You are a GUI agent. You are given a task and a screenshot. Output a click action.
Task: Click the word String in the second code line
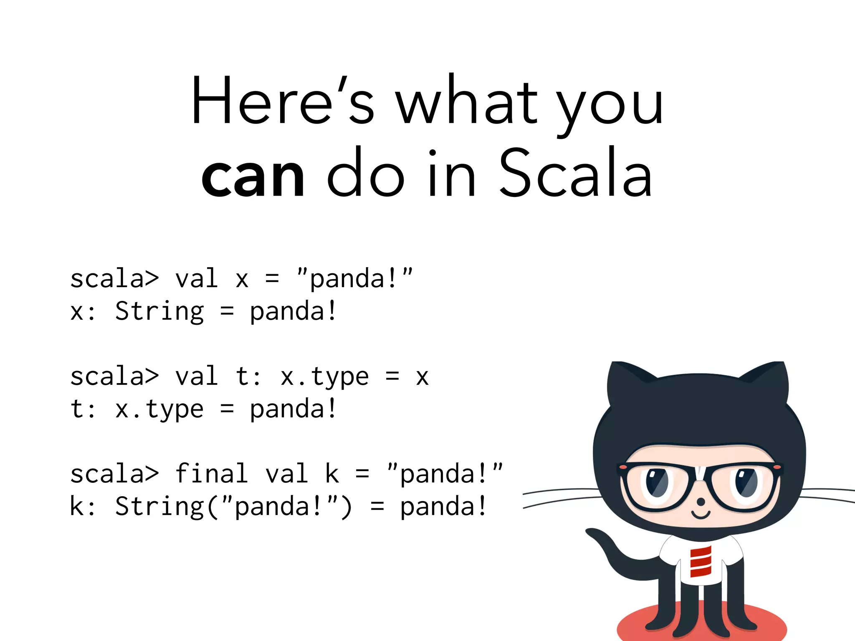coord(159,311)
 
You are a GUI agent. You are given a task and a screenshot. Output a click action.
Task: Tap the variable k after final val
coord(332,474)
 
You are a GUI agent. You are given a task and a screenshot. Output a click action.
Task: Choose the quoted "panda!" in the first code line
coord(354,279)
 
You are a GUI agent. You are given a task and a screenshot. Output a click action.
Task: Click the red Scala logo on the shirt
coord(700,562)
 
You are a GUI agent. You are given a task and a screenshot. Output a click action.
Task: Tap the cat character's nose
coord(701,501)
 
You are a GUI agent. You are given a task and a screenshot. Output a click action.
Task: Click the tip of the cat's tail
coord(591,532)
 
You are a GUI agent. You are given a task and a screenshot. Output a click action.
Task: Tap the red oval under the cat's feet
coord(701,626)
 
